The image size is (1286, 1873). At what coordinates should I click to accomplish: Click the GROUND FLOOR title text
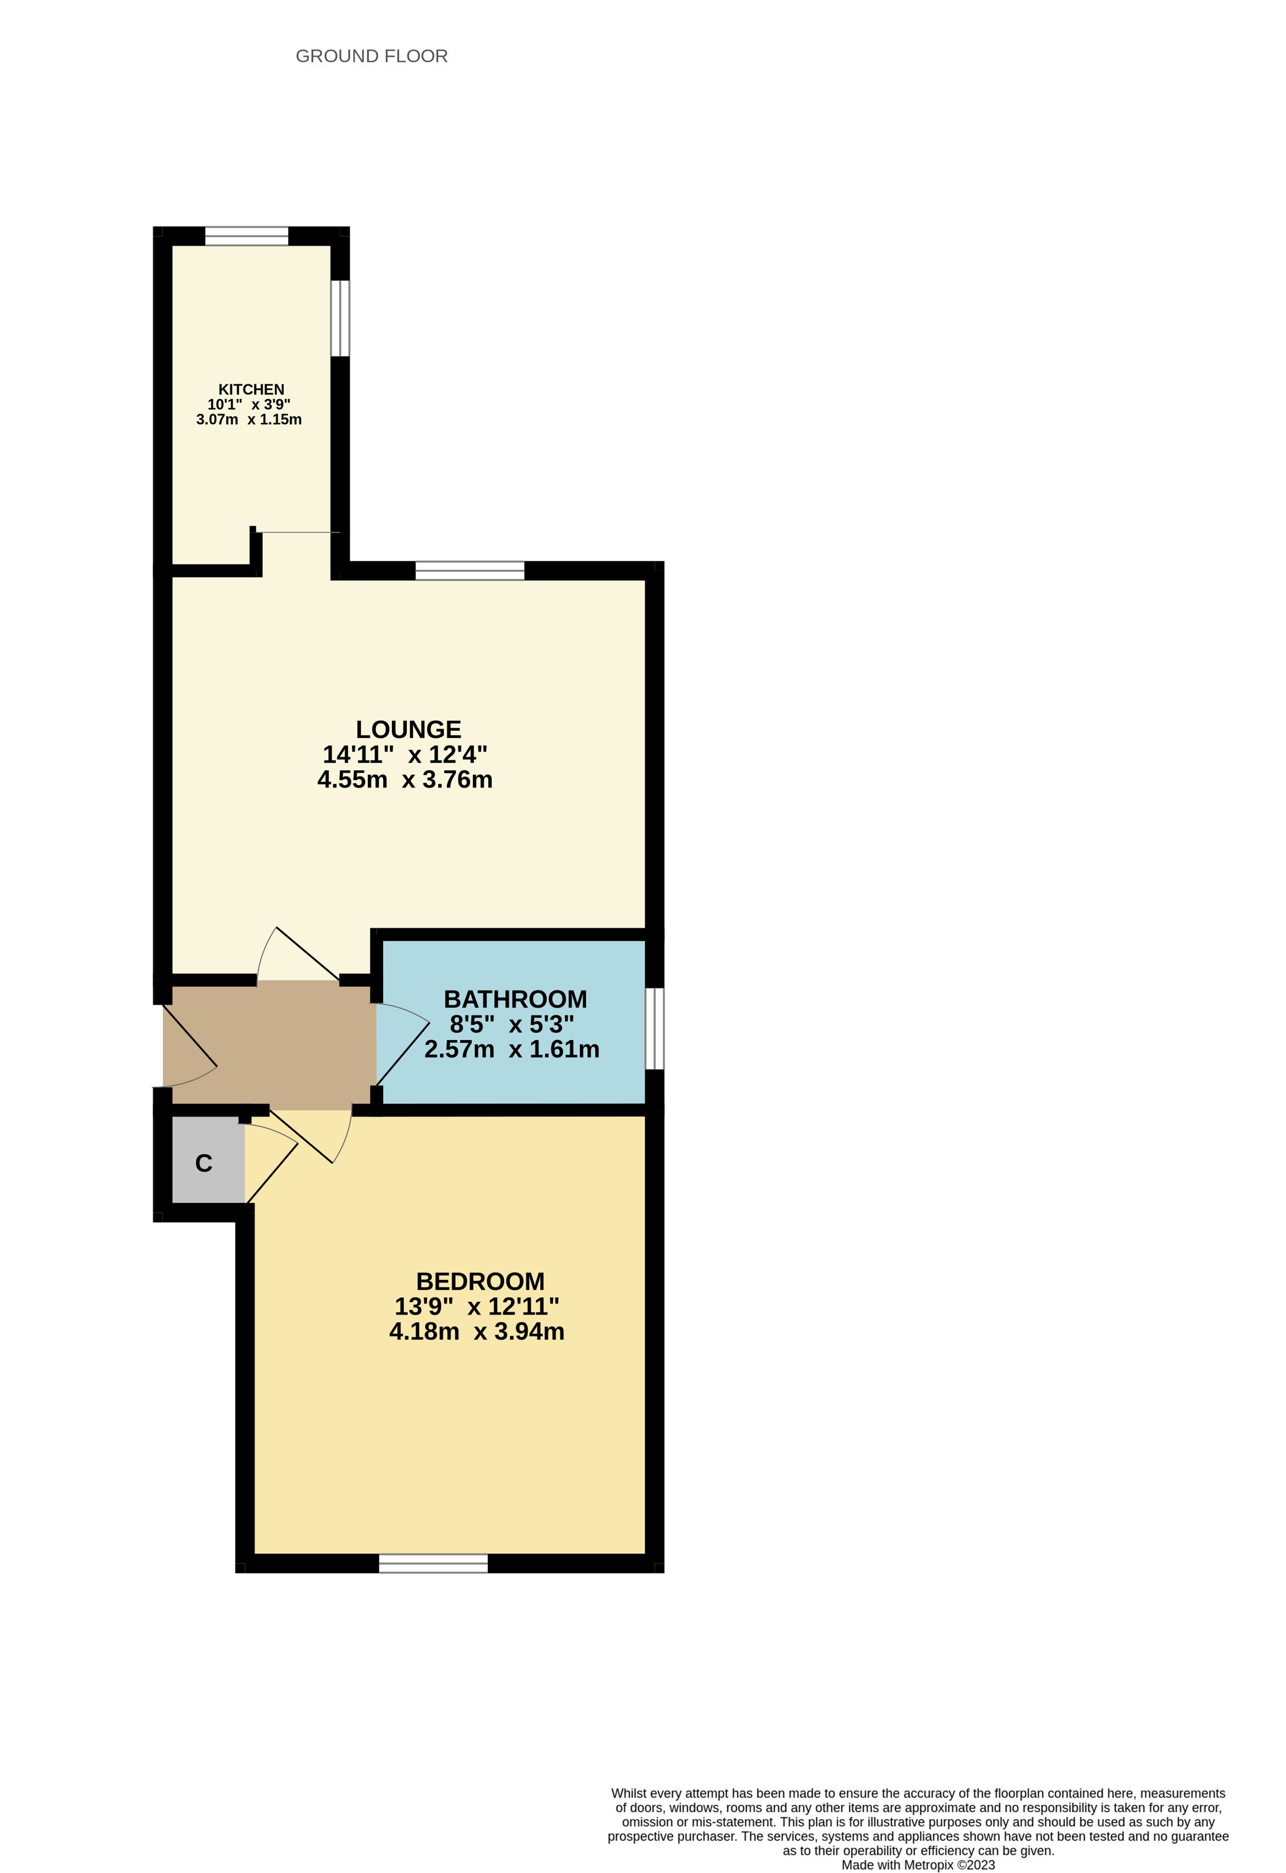(x=372, y=57)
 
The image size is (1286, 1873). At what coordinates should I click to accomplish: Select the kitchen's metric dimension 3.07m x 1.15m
(x=249, y=420)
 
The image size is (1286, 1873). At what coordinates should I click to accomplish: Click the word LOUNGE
(x=409, y=730)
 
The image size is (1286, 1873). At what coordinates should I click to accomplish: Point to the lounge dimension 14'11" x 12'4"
(x=405, y=755)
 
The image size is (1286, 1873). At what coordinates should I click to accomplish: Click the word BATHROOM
(x=515, y=999)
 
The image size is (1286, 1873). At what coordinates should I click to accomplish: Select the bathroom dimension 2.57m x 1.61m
(x=512, y=1049)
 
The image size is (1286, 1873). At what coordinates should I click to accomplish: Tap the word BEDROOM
(x=481, y=1281)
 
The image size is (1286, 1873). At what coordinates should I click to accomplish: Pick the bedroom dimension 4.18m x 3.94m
(x=477, y=1332)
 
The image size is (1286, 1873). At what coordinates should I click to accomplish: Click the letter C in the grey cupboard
(x=204, y=1164)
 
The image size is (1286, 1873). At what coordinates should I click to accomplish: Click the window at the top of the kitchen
(x=247, y=236)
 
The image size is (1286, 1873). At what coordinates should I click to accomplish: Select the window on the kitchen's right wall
(x=340, y=319)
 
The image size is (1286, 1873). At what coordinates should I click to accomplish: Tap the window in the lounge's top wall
(x=470, y=571)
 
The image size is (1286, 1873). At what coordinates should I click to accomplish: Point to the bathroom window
(x=655, y=1028)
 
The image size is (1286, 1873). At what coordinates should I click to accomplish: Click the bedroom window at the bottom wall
(x=434, y=1564)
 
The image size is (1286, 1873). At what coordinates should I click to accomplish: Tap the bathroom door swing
(x=403, y=1044)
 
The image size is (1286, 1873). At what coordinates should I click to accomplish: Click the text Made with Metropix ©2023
(x=918, y=1865)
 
